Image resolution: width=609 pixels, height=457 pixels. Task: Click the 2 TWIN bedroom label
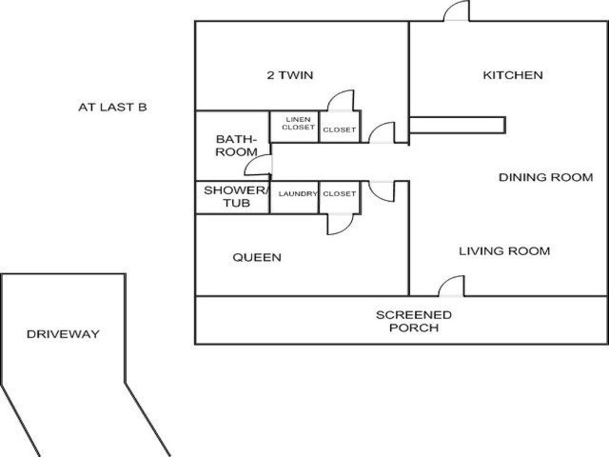click(x=290, y=76)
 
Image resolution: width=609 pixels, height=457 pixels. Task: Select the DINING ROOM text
click(x=545, y=177)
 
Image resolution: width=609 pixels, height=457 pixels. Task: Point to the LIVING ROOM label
click(x=504, y=251)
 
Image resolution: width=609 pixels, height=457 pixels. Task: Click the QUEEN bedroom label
click(x=257, y=258)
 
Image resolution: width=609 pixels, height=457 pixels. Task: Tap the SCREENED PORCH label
click(x=414, y=321)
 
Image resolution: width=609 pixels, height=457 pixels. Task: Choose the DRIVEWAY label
click(x=63, y=334)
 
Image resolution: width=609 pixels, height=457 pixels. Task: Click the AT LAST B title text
click(x=112, y=108)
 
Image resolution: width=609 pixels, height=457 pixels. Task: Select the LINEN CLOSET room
click(x=295, y=126)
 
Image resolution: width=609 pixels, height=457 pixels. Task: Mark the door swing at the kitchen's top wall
click(x=457, y=12)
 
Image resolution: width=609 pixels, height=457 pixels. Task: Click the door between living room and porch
click(x=452, y=286)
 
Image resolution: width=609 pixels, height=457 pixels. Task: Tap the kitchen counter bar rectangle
click(x=457, y=125)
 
